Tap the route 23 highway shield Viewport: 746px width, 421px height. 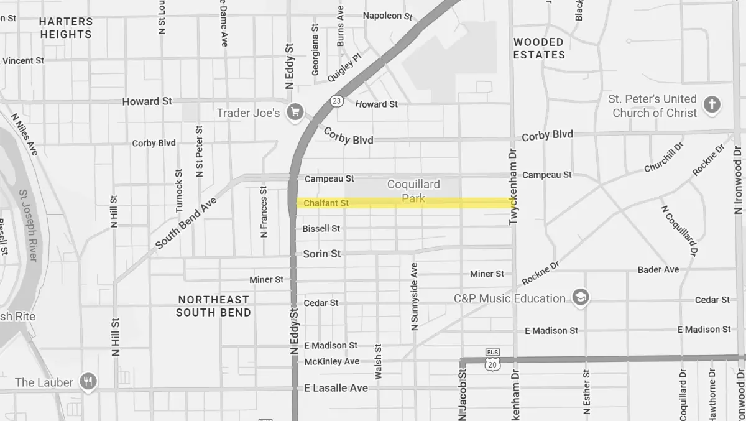pyautogui.click(x=337, y=101)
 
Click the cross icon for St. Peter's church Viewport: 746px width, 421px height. pyautogui.click(x=712, y=105)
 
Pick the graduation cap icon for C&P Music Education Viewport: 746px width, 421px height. pyautogui.click(x=581, y=298)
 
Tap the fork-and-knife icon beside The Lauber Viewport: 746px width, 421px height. pyautogui.click(x=89, y=382)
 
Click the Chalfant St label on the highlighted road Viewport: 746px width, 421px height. pyautogui.click(x=326, y=203)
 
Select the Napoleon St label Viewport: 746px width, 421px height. pyautogui.click(x=387, y=16)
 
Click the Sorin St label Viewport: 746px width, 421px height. pyautogui.click(x=322, y=254)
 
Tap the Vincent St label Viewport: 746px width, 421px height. pyautogui.click(x=23, y=61)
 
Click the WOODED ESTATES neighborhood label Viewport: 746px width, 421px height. pyautogui.click(x=539, y=49)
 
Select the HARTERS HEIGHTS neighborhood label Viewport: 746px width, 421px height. pyautogui.click(x=66, y=28)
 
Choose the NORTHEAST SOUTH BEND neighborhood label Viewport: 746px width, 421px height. pyautogui.click(x=213, y=306)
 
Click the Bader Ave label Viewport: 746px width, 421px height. pyautogui.click(x=658, y=270)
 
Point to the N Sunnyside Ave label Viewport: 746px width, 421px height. pyautogui.click(x=414, y=296)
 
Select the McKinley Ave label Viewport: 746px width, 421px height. pyautogui.click(x=332, y=361)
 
